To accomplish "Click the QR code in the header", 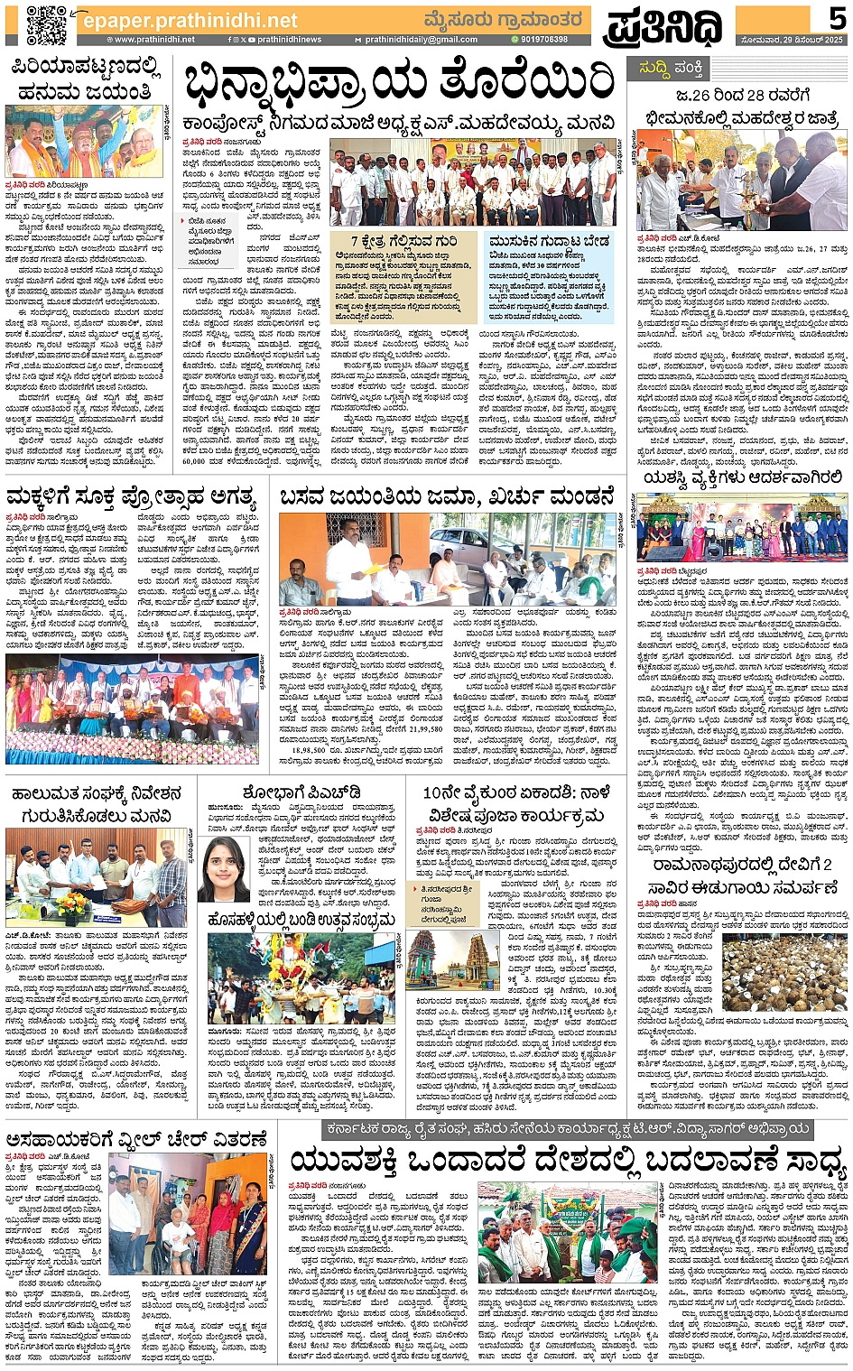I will (x=46, y=24).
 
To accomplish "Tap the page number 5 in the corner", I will (x=837, y=17).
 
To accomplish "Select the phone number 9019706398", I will (x=540, y=40).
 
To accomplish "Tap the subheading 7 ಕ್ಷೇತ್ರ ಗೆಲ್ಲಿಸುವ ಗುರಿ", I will (x=403, y=242).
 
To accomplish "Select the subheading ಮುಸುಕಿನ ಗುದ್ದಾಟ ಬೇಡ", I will (x=549, y=242).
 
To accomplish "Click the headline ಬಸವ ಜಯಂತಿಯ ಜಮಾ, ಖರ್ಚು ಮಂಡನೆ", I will (x=447, y=497).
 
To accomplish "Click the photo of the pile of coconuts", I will (x=784, y=971).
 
